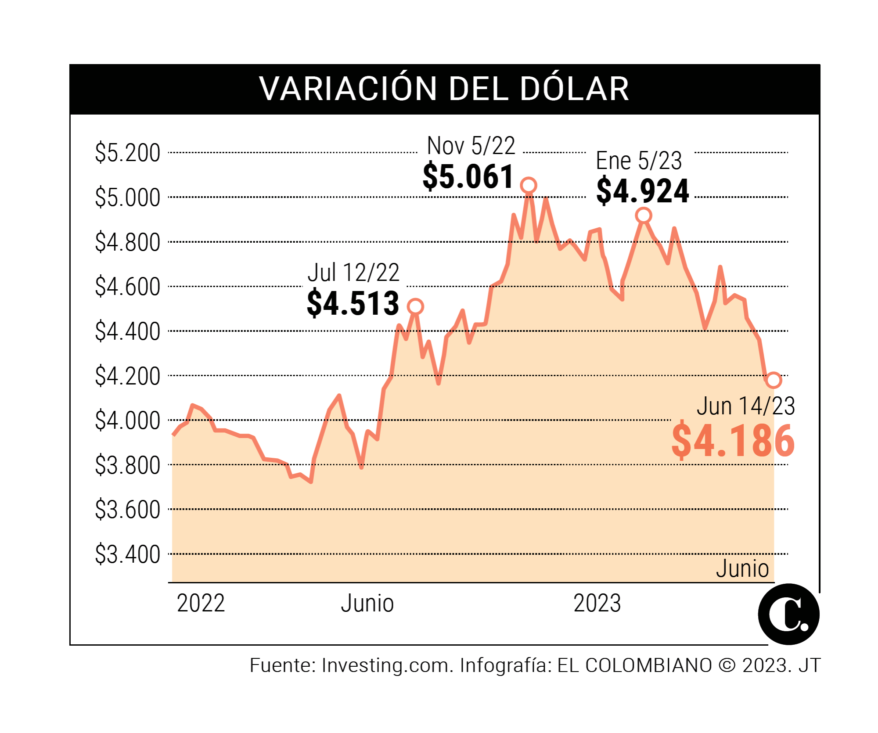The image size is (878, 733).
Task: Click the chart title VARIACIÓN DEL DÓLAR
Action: (x=444, y=89)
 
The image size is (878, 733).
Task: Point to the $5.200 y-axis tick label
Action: (x=128, y=153)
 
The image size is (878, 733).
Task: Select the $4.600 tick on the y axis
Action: (x=128, y=287)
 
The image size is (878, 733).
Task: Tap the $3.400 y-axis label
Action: (x=128, y=554)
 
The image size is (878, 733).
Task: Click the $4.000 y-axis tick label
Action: (x=128, y=420)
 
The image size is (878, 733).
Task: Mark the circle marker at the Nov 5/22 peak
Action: (x=529, y=186)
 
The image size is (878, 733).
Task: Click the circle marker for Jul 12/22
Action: (x=415, y=306)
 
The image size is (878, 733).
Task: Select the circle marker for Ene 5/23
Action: (x=644, y=216)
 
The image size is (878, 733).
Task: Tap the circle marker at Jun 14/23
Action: (x=774, y=380)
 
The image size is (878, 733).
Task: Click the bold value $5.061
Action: (x=468, y=176)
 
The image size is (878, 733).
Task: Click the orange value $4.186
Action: (x=733, y=441)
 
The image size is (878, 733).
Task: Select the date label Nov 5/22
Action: (x=471, y=146)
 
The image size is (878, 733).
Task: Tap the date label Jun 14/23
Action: (x=746, y=406)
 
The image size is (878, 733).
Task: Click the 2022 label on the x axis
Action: (x=201, y=603)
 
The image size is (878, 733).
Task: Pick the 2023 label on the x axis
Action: (x=597, y=603)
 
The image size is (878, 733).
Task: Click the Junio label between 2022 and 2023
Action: (x=367, y=603)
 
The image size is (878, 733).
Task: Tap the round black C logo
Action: (x=788, y=614)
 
